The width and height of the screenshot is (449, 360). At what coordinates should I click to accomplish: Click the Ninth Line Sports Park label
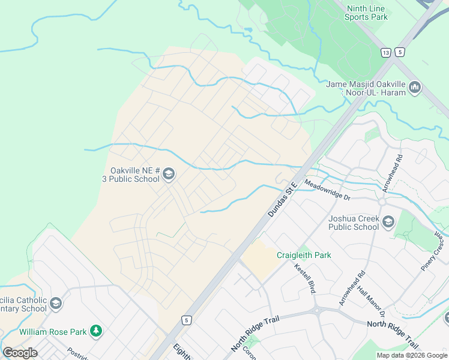tap(366, 13)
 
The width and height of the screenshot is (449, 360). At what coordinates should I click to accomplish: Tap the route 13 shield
tap(385, 53)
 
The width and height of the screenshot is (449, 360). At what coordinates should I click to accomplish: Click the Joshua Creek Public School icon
tap(388, 223)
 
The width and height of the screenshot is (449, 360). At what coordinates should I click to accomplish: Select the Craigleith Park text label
tap(304, 255)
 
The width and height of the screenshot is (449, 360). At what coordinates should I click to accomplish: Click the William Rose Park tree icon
tap(95, 331)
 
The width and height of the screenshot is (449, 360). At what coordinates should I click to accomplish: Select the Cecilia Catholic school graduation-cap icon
tap(56, 304)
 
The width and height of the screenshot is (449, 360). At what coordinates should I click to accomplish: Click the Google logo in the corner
tap(20, 353)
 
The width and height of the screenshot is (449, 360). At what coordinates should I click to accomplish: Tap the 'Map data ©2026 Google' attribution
tap(412, 355)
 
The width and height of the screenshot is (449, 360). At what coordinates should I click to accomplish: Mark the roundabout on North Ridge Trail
tap(316, 310)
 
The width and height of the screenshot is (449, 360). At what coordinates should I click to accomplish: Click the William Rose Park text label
tap(53, 331)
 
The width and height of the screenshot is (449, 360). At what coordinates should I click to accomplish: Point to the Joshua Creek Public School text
tap(354, 223)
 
